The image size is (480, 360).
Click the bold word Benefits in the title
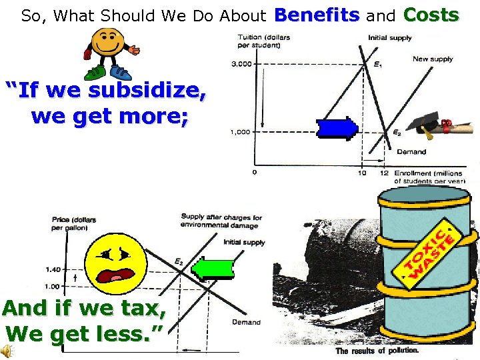[317, 15]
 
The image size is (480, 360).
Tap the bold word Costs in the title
[431, 15]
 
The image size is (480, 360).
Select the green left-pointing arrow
[213, 268]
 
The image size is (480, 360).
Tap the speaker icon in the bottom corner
[7, 351]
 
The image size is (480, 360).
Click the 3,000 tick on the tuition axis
[241, 64]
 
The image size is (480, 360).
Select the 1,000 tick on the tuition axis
[240, 132]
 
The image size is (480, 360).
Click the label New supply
[432, 59]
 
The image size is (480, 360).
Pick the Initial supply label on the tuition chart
[390, 37]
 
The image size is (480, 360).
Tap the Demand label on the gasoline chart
[246, 322]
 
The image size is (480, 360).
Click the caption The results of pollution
[377, 351]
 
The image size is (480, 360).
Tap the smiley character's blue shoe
[122, 73]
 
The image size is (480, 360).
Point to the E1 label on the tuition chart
[378, 65]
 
